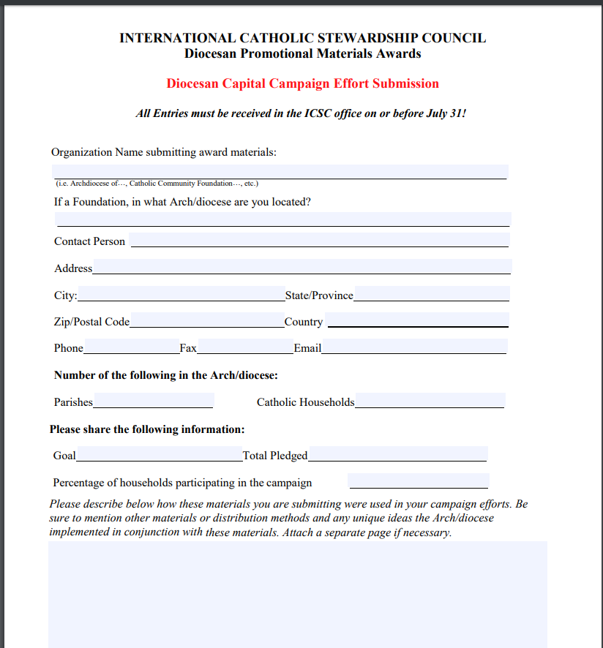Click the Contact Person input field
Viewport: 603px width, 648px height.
coord(319,241)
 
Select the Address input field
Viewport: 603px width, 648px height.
coord(301,267)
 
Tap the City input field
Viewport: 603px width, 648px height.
coord(181,294)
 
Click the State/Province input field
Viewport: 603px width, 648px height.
coord(432,294)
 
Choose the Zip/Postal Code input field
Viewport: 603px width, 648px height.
coord(207,320)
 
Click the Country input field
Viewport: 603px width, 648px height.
coord(417,320)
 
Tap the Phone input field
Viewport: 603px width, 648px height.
coord(131,347)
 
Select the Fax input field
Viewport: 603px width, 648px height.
coord(245,347)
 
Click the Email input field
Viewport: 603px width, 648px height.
coord(414,347)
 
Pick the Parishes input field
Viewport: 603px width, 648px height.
coord(154,401)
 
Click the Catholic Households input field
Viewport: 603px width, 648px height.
coord(430,401)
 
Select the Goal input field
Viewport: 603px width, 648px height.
coord(160,454)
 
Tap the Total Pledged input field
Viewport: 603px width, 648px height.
coord(397,454)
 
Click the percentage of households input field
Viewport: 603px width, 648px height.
coord(419,481)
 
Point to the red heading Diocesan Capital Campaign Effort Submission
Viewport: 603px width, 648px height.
coord(302,83)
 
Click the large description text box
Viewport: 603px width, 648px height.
coord(298,594)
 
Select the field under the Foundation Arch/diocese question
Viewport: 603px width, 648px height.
coord(282,219)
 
